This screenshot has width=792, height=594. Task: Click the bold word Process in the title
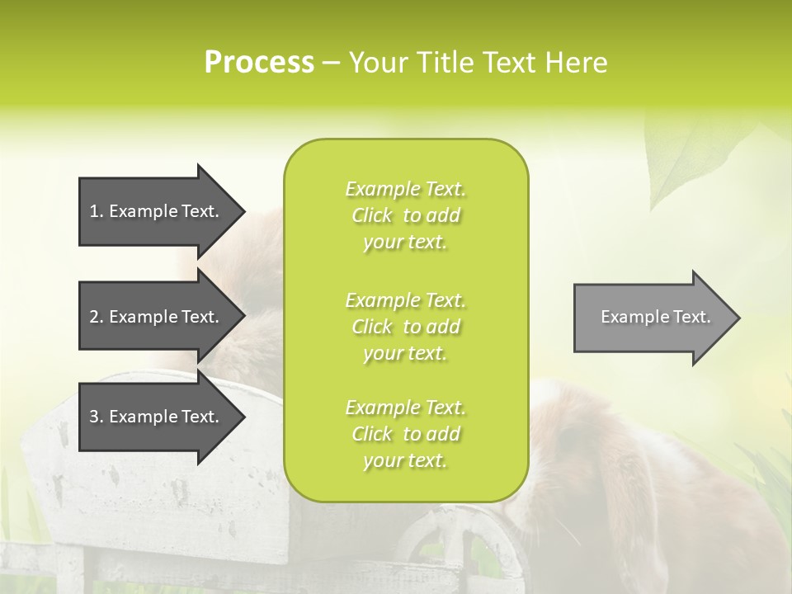(x=259, y=63)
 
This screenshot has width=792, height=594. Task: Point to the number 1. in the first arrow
(x=97, y=211)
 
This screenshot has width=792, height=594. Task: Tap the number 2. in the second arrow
(x=97, y=317)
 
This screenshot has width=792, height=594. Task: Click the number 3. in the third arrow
(x=97, y=417)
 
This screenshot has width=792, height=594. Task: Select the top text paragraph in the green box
(x=405, y=215)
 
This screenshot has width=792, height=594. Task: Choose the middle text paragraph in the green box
(x=405, y=327)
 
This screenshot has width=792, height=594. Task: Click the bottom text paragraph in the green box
(x=405, y=434)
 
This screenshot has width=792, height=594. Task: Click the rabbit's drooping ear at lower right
(x=610, y=511)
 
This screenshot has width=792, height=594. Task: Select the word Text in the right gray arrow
(x=694, y=317)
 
